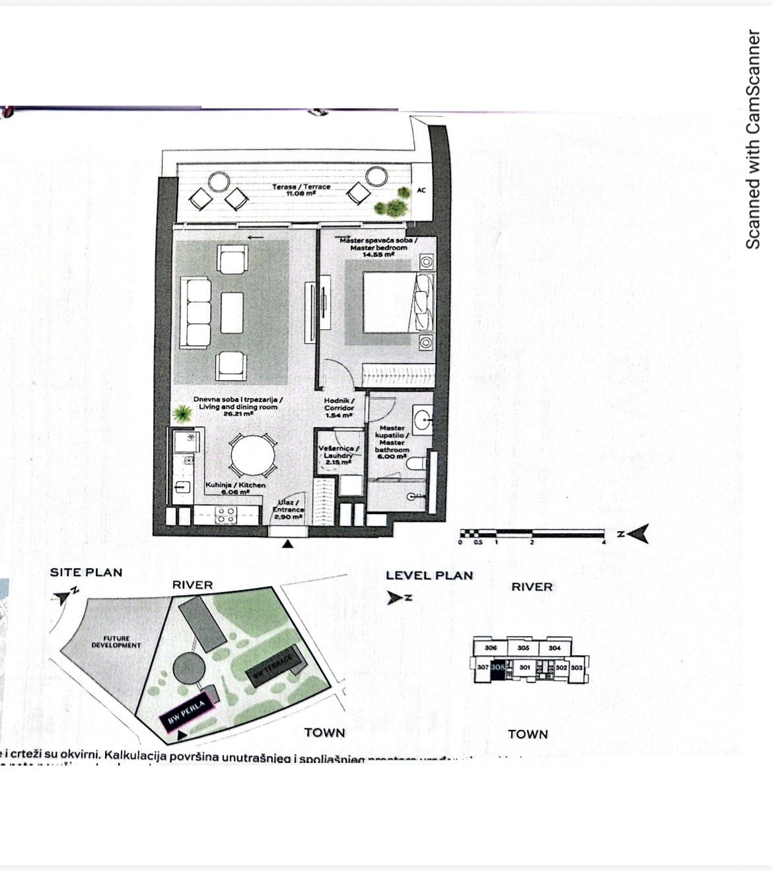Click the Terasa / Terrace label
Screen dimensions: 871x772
coord(301,190)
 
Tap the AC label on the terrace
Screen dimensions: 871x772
coord(421,191)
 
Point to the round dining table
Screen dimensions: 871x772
coord(252,457)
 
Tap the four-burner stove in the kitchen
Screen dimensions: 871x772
coord(226,515)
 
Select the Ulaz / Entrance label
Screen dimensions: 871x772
coord(288,509)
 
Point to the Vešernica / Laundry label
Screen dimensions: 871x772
coord(339,455)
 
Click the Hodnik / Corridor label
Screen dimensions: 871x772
coord(339,408)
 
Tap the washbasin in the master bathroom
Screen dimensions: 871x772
coord(423,416)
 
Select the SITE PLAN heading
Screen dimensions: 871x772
coord(86,572)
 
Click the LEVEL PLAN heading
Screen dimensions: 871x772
coord(429,575)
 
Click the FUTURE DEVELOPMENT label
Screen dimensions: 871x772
coord(116,642)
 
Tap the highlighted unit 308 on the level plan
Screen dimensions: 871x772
coord(498,667)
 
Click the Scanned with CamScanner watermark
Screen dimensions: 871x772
coord(752,139)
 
